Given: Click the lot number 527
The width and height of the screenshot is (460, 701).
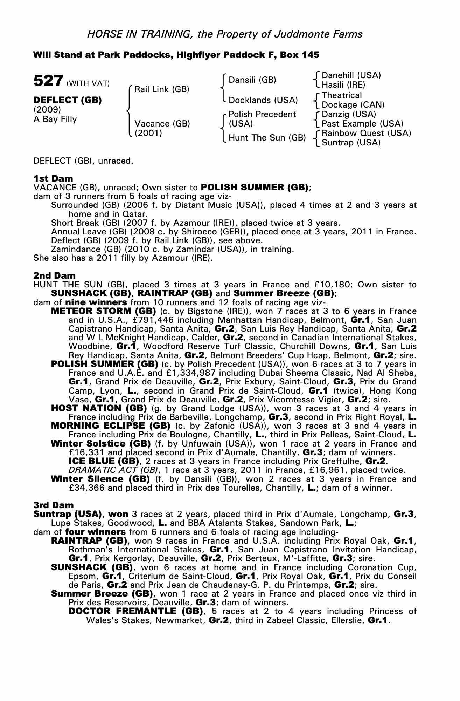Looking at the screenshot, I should click(48, 81).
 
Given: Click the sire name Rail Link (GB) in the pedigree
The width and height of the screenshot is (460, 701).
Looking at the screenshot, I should click(162, 89).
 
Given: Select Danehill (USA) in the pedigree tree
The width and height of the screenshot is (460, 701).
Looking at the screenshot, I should click(351, 75).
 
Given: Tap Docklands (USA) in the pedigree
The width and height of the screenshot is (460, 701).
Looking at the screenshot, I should click(263, 100).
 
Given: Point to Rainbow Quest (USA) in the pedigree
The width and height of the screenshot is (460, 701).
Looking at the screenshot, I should click(366, 133).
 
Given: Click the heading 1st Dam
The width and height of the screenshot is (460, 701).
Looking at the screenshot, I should click(53, 178).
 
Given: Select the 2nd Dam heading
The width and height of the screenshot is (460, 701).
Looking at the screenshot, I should click(54, 276).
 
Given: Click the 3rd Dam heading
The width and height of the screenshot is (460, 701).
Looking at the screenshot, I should click(54, 505).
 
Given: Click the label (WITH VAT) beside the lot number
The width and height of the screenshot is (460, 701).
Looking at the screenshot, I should click(88, 83).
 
